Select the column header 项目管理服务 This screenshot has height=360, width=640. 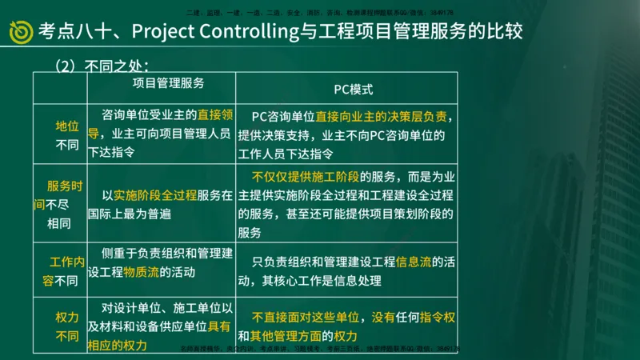[167, 82]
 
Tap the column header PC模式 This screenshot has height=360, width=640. [354, 90]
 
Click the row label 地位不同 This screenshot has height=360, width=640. [67, 135]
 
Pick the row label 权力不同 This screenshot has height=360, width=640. [67, 326]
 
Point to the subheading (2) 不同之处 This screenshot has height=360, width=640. [102, 64]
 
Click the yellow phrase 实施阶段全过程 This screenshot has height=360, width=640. [155, 194]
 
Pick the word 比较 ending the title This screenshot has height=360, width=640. [505, 32]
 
